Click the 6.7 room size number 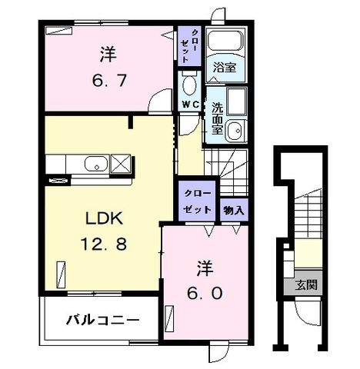(x=109, y=80)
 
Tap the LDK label (x=104, y=218)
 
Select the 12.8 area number (x=104, y=244)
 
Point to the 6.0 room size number (x=205, y=293)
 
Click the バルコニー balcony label (x=103, y=320)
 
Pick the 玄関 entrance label (x=306, y=284)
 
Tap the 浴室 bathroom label (x=225, y=68)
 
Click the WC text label (x=191, y=104)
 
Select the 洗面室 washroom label (x=217, y=118)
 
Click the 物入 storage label (x=233, y=211)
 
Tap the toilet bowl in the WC (x=190, y=84)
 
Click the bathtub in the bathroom (x=225, y=41)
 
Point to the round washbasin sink (x=236, y=131)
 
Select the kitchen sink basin (x=96, y=164)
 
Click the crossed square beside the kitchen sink (x=121, y=164)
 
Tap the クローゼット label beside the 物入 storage (x=197, y=201)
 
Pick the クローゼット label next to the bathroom (x=189, y=46)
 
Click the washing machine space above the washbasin (x=236, y=101)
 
